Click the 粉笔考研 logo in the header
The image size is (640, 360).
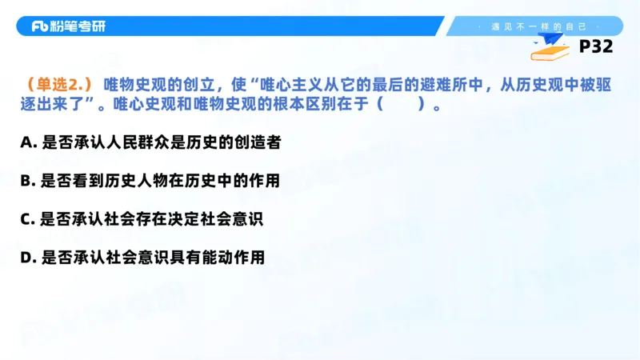coord(68,26)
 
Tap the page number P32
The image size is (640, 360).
coord(595,47)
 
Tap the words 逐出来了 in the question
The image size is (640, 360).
coord(54,105)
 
